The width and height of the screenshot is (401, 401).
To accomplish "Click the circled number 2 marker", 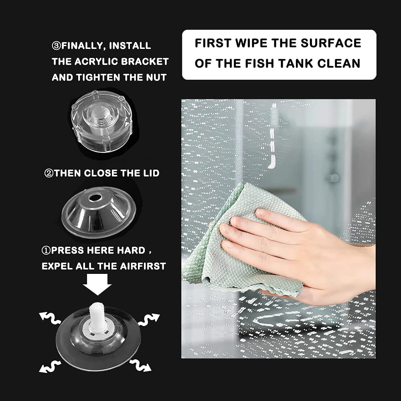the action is point(49,173).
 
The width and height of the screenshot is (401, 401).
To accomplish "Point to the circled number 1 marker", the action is point(46,250).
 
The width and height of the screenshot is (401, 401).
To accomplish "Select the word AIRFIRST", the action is point(143,266).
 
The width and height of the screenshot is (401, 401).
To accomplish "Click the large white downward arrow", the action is point(97,284).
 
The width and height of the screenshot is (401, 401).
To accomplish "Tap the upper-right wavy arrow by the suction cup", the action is point(149,320).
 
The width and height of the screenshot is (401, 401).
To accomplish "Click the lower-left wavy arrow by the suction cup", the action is point(50,366).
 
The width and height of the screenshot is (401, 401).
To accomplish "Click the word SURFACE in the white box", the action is point(331,43).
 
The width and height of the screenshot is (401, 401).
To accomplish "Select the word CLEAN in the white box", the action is point(338,63).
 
